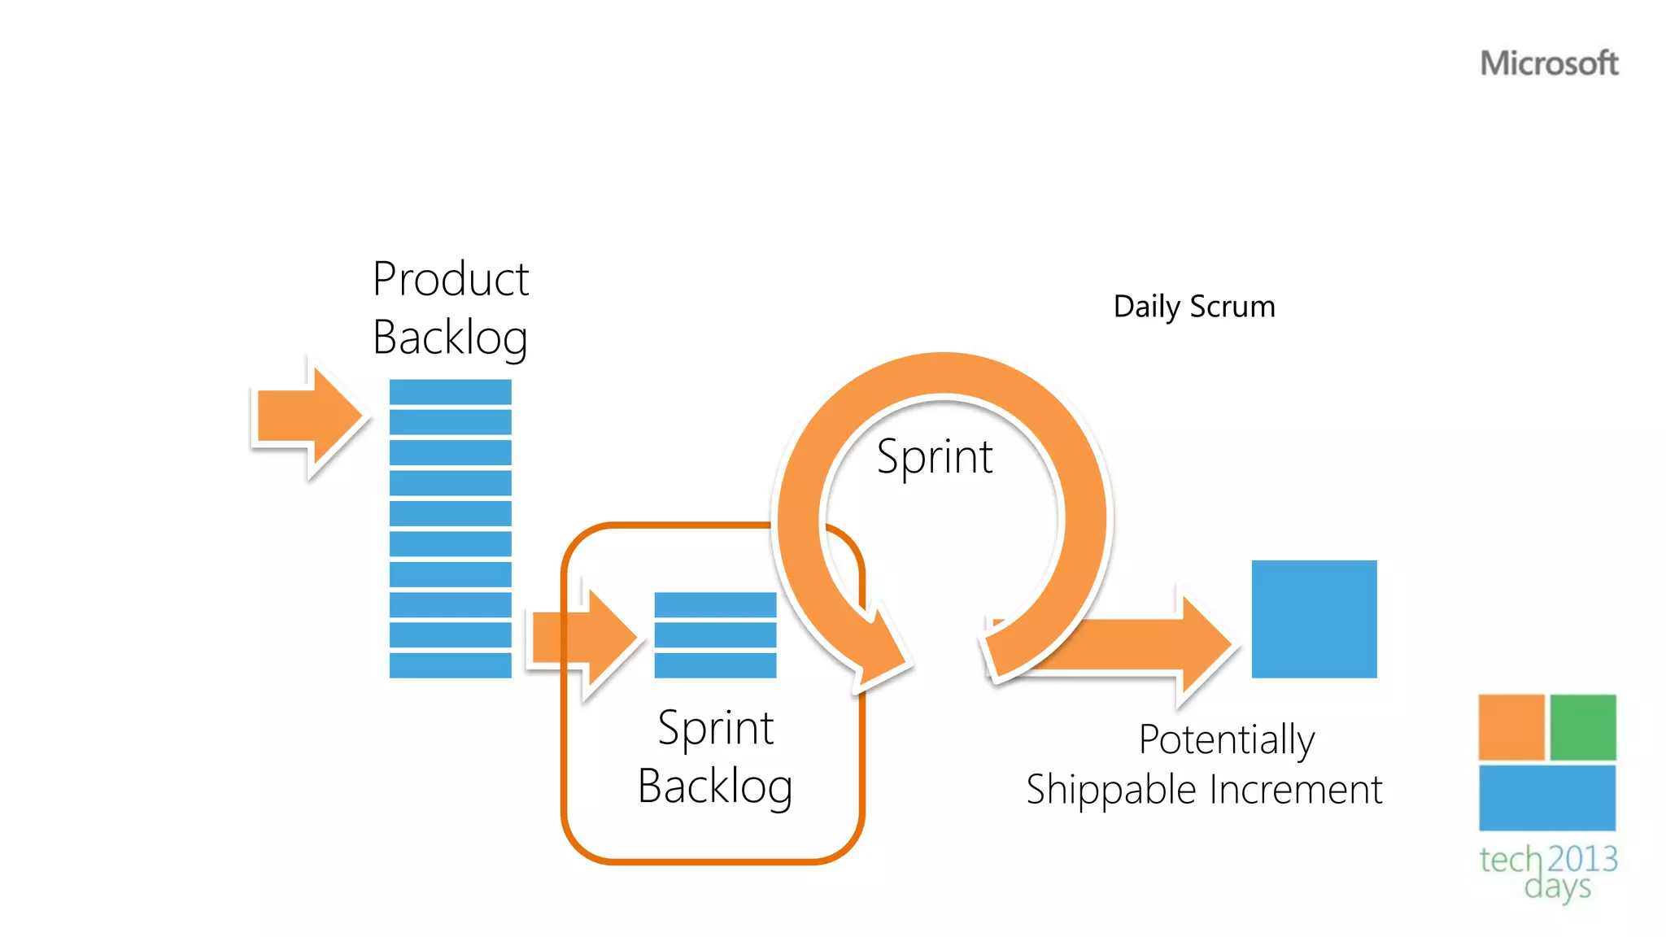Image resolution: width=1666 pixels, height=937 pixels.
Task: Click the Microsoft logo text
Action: pyautogui.click(x=1549, y=63)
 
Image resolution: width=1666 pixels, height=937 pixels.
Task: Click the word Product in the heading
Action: pyautogui.click(x=451, y=279)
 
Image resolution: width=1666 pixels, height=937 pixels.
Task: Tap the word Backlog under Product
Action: pyautogui.click(x=451, y=338)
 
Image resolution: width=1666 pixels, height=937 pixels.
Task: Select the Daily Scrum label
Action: pyautogui.click(x=1194, y=307)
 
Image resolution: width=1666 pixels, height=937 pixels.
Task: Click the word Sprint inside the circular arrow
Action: pyautogui.click(x=935, y=456)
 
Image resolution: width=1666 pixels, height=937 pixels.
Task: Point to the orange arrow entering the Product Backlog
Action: pyautogui.click(x=309, y=416)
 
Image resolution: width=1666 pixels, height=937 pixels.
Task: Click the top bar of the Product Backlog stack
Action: pyautogui.click(x=450, y=392)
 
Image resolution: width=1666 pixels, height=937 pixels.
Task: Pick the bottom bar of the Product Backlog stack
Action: pyautogui.click(x=450, y=665)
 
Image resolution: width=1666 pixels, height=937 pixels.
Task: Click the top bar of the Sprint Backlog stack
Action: pyautogui.click(x=715, y=604)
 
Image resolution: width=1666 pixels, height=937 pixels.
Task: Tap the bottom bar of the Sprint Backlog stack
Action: pyautogui.click(x=715, y=665)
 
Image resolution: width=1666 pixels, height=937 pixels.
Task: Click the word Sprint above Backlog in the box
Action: pyautogui.click(x=715, y=727)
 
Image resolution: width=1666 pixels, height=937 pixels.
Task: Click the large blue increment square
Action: pyautogui.click(x=1314, y=619)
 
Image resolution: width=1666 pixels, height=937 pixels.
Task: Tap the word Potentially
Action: pyautogui.click(x=1226, y=739)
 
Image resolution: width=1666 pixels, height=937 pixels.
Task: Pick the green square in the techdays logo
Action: pyautogui.click(x=1582, y=726)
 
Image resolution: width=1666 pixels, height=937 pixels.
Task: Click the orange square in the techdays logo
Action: pyautogui.click(x=1511, y=726)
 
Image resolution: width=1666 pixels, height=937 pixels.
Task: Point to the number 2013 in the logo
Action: pyautogui.click(x=1582, y=859)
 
